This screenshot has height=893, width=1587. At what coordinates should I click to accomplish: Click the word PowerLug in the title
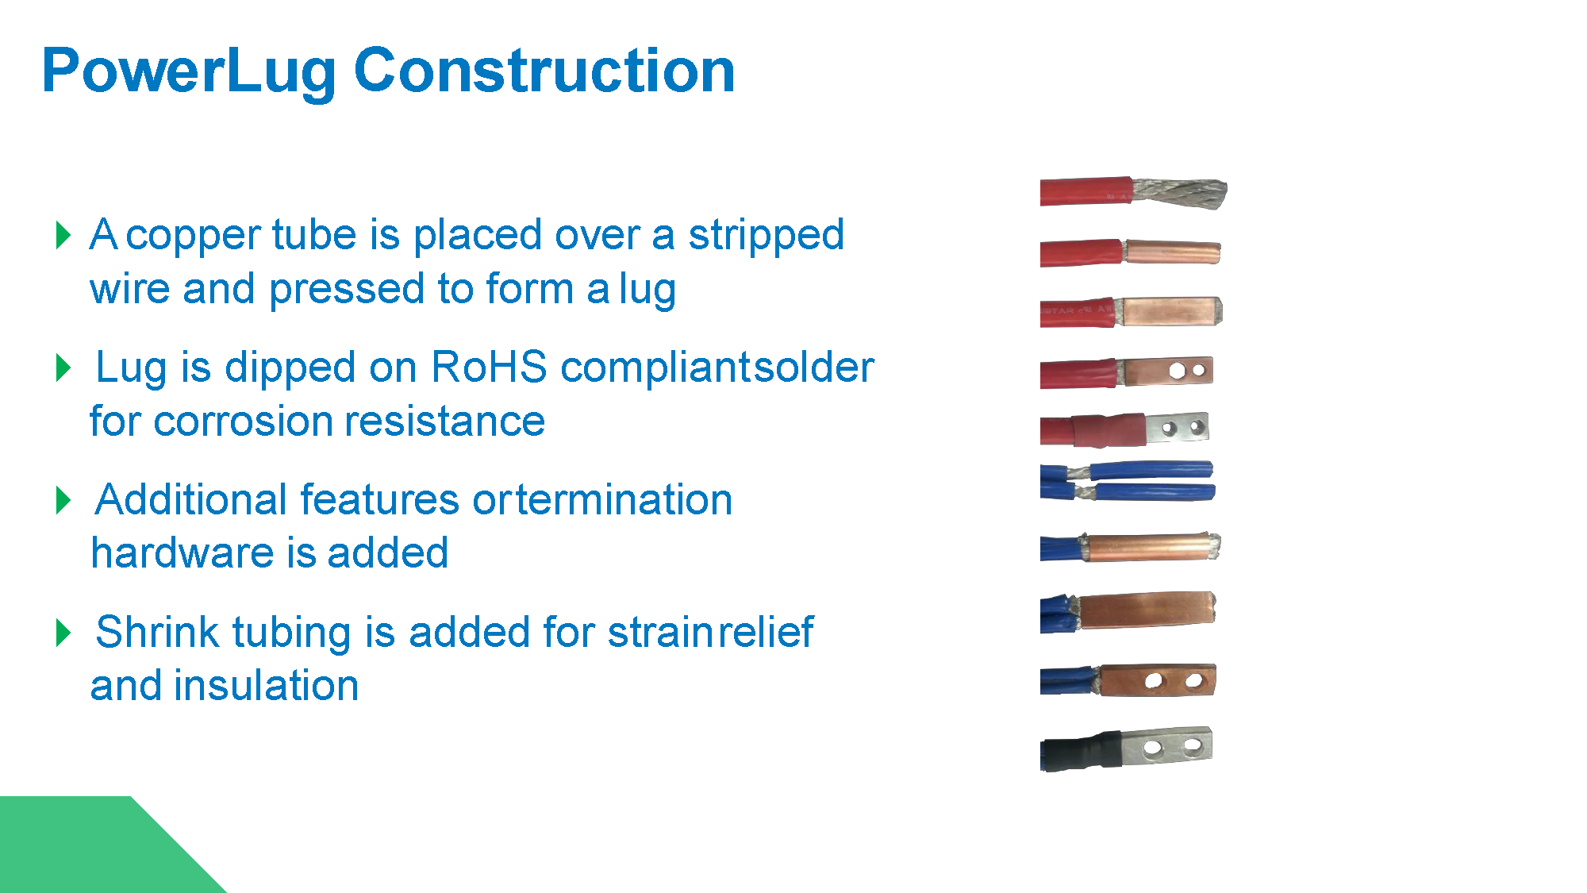(189, 71)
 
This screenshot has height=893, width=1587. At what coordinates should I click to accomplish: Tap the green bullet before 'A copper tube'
(63, 235)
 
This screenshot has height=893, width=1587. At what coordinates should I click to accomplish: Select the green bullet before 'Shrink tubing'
(63, 633)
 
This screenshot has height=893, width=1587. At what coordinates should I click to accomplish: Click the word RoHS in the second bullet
(489, 368)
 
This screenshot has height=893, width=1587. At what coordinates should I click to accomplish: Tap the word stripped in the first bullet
(766, 236)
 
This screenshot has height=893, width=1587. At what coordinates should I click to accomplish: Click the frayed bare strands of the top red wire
(1179, 193)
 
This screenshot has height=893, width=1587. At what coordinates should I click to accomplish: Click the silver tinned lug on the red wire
(1177, 428)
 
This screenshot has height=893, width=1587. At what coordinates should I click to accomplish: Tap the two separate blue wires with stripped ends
(1128, 481)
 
